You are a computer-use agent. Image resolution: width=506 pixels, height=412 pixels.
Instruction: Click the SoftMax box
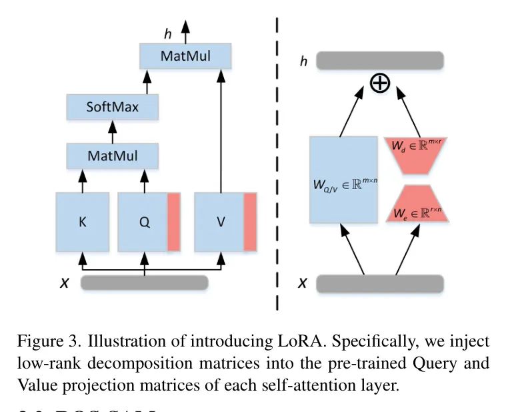[x=112, y=107]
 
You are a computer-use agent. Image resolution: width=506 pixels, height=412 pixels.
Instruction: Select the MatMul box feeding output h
[x=185, y=56]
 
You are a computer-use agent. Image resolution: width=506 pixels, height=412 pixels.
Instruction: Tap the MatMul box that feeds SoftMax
[x=112, y=156]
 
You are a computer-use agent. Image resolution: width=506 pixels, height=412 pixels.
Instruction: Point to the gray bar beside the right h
[x=379, y=61]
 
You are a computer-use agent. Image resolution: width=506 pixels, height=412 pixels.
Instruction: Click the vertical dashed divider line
[x=277, y=167]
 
